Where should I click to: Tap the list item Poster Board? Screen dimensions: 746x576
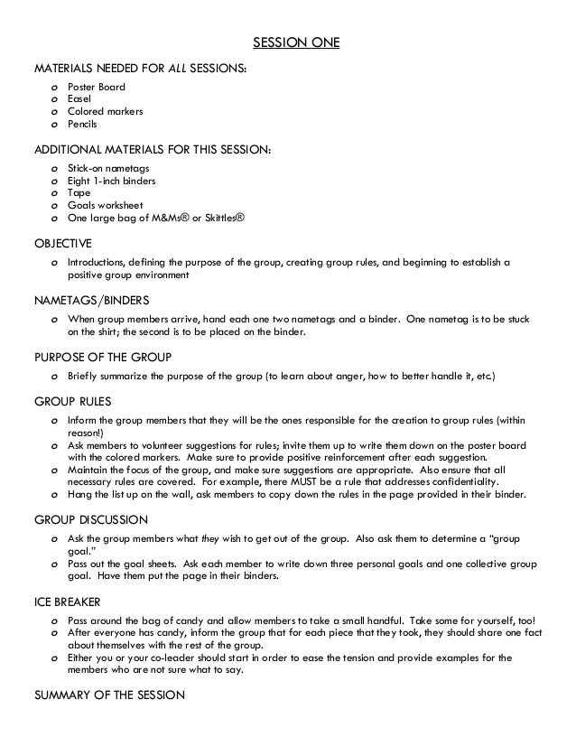click(x=97, y=87)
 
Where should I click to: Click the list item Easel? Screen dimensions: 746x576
click(x=80, y=99)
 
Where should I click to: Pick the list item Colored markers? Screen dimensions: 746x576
click(x=105, y=111)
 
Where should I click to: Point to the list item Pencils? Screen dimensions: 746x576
click(x=82, y=124)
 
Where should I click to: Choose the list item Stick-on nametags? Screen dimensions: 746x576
click(x=108, y=169)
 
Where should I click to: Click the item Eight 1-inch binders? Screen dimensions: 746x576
click(x=112, y=181)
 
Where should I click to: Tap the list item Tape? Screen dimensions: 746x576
click(x=79, y=193)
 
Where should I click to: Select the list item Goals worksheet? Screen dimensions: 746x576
click(x=104, y=205)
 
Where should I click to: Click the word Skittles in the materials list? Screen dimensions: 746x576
click(x=222, y=218)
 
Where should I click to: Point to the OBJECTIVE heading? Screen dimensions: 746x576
click(x=63, y=243)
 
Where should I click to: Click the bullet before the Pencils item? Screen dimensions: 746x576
click(x=56, y=124)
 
